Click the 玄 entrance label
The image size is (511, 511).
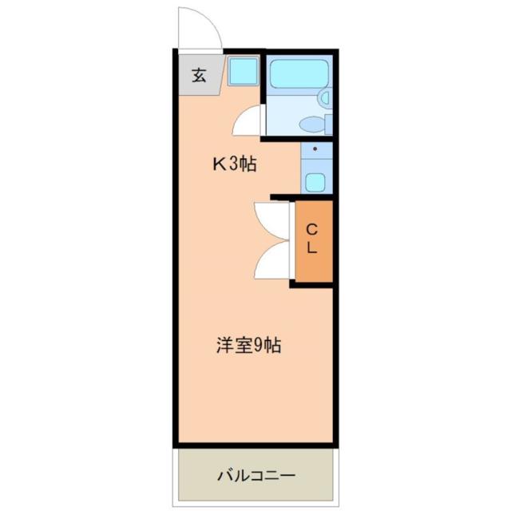tap(199, 75)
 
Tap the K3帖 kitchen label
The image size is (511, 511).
tap(235, 164)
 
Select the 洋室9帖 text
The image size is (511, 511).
tap(248, 346)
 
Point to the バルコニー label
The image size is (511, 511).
tap(256, 476)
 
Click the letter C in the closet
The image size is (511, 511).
tap(312, 230)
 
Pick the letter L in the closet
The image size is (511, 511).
tap(312, 248)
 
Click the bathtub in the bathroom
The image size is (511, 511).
tap(299, 74)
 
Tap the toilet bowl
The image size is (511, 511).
tap(312, 125)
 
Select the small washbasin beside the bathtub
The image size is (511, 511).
tap(325, 97)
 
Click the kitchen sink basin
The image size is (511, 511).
tap(315, 182)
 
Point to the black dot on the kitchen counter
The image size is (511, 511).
tap(315, 149)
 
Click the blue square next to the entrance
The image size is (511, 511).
tap(243, 71)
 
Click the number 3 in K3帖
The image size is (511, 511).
tap(234, 164)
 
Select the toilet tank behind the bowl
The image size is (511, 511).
tap(328, 125)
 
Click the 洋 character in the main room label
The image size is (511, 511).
tap(224, 346)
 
